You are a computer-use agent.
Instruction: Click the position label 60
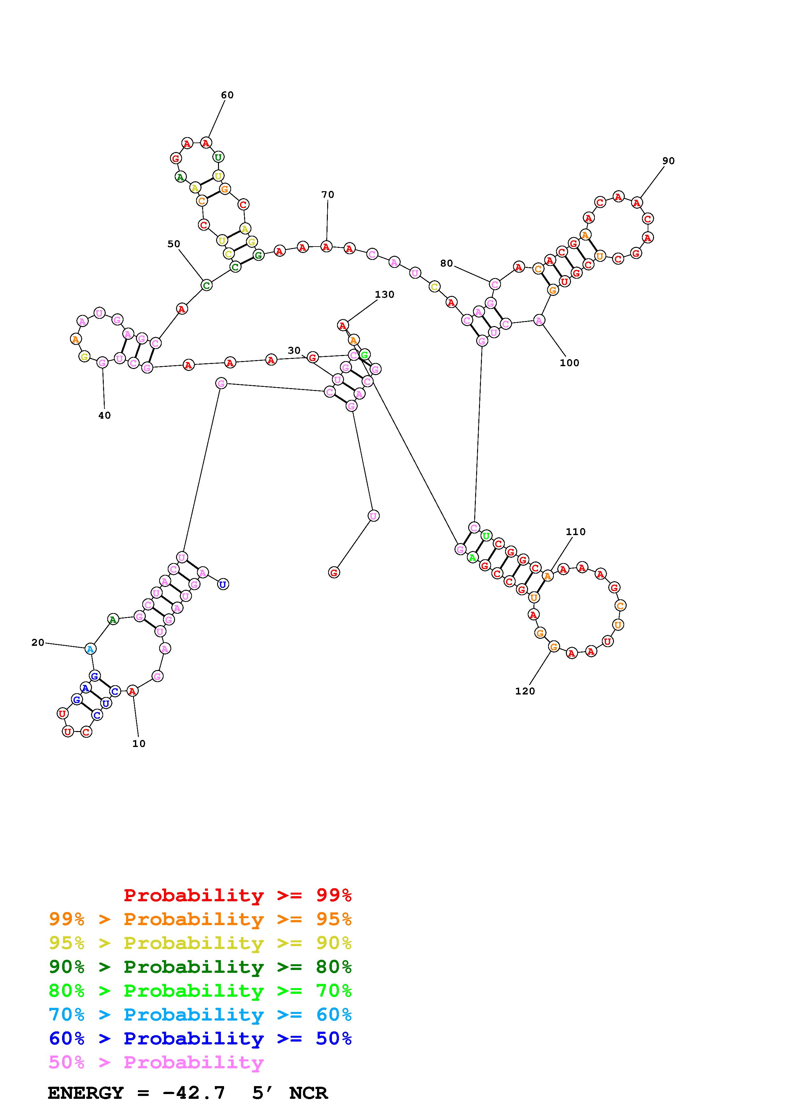click(227, 95)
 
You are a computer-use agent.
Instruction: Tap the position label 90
click(668, 161)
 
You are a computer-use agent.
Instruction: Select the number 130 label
click(384, 295)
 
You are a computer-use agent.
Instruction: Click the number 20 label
click(38, 643)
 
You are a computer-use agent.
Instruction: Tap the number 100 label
click(569, 363)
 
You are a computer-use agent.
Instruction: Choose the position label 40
click(104, 415)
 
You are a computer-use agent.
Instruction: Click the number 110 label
click(575, 532)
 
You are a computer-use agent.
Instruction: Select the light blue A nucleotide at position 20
click(90, 649)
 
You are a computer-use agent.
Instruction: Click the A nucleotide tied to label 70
click(326, 247)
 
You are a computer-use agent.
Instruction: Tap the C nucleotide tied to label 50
click(206, 285)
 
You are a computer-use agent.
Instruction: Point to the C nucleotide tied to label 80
click(494, 284)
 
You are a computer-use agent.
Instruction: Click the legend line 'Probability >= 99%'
click(237, 895)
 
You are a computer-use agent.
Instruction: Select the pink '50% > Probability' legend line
click(156, 1063)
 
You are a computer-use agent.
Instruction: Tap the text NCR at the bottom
click(308, 1093)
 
